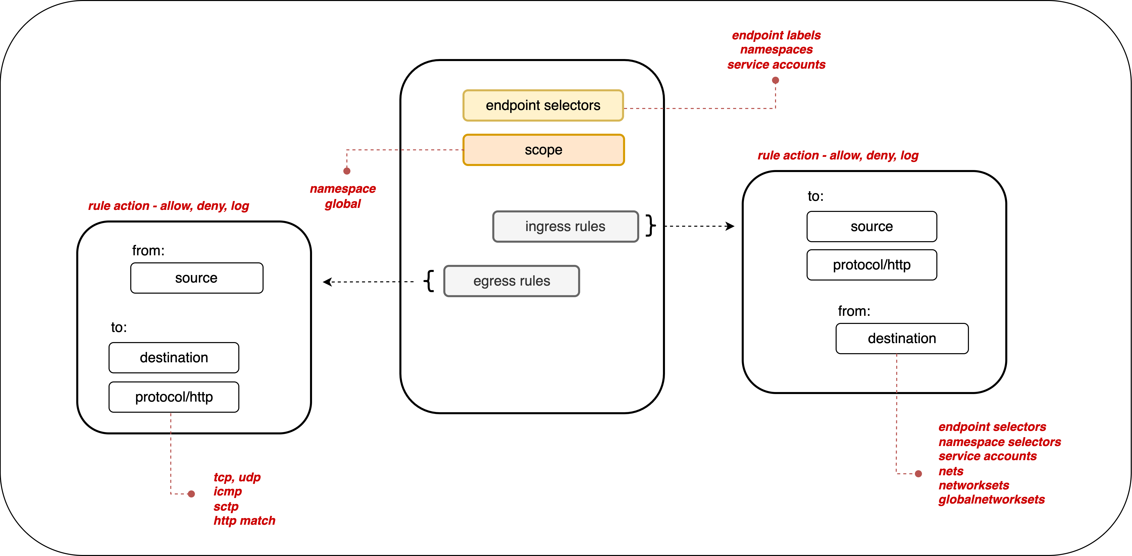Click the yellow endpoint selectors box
click(x=543, y=105)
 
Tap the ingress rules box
click(x=565, y=227)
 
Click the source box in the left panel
click(x=196, y=278)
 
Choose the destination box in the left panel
click(x=174, y=357)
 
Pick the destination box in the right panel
click(x=902, y=339)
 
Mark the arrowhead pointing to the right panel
click(x=730, y=226)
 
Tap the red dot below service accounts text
click(x=776, y=80)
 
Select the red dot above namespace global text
click(x=347, y=171)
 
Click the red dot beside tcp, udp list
click(x=191, y=494)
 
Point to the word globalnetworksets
click(x=991, y=500)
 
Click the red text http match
click(x=244, y=521)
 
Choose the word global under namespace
click(x=343, y=204)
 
